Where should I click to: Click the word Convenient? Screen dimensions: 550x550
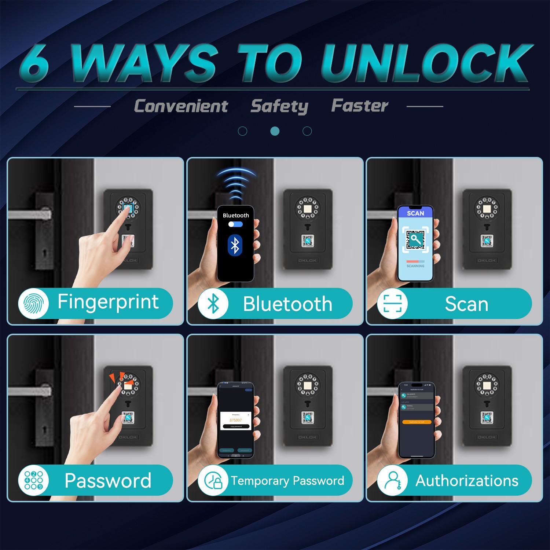(181, 106)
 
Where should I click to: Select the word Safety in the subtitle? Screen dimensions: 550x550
(279, 106)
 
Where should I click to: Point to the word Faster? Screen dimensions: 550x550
(359, 106)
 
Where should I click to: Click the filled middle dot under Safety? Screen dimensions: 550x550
(275, 131)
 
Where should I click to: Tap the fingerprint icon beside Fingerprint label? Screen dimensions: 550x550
(33, 303)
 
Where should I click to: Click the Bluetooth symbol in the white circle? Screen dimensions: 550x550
(213, 304)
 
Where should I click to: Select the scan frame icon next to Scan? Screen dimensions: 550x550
(392, 304)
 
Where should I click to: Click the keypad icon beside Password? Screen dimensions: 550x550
(33, 480)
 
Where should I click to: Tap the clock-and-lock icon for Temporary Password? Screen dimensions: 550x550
(213, 480)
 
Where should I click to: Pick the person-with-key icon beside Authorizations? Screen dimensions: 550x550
(392, 480)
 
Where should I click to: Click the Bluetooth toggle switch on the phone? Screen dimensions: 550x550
(235, 224)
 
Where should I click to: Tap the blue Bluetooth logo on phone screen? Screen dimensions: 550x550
(235, 245)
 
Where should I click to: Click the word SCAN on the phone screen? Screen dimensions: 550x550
(415, 213)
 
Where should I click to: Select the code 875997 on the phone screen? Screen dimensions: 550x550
(236, 420)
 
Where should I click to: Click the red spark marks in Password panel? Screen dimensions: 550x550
(118, 378)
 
